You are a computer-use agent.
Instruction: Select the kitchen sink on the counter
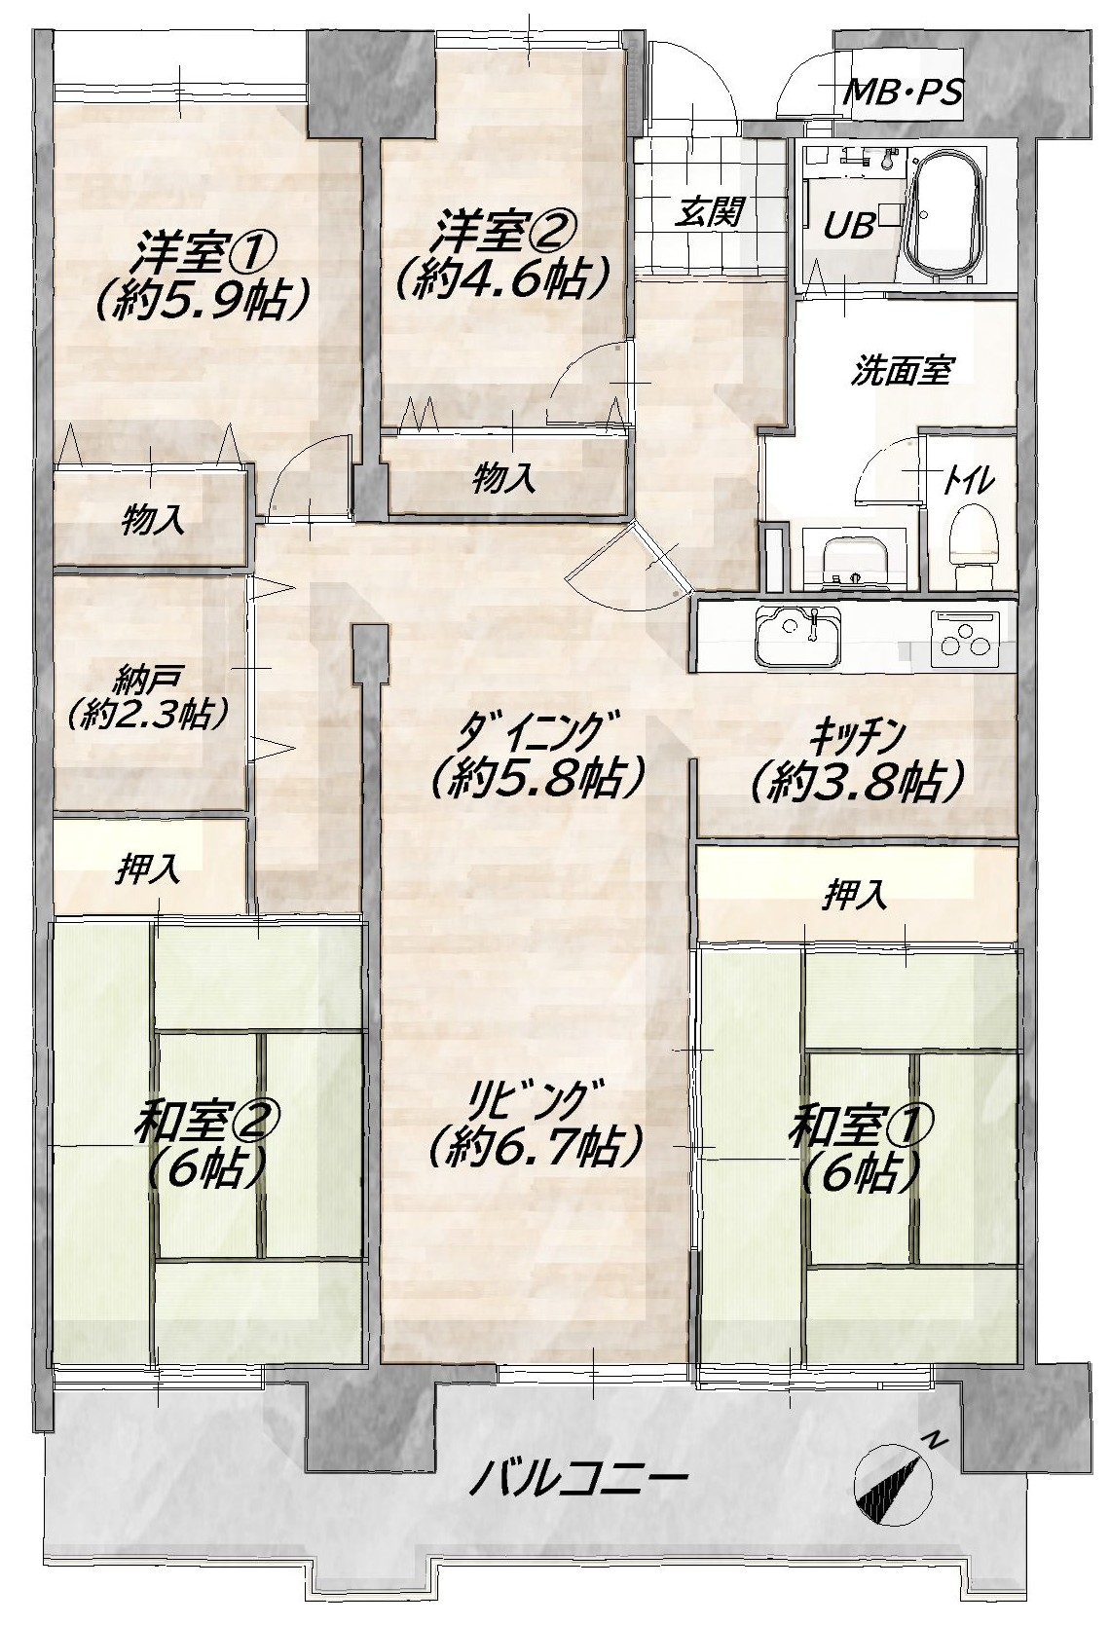click(x=798, y=636)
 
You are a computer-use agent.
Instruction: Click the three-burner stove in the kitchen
click(x=965, y=639)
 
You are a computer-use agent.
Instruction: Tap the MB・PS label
click(x=906, y=92)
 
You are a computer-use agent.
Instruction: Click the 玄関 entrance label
click(x=709, y=212)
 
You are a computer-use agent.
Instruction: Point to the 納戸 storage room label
click(x=148, y=682)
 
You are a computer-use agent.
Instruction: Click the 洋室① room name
click(x=206, y=249)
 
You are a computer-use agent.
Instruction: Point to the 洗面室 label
click(x=901, y=370)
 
